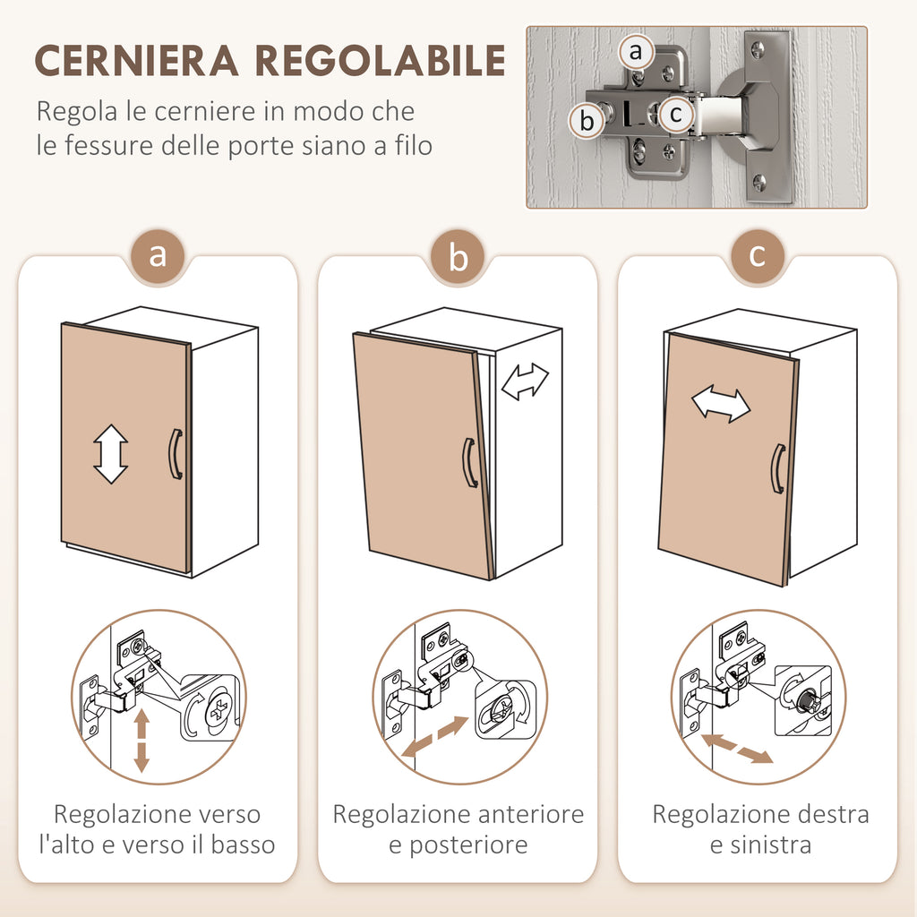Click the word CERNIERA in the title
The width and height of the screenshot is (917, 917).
(x=136, y=60)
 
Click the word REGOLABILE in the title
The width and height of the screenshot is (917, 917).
(x=380, y=60)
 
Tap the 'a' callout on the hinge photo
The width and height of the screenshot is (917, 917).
(x=636, y=52)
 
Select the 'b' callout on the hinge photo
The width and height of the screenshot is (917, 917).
(x=587, y=121)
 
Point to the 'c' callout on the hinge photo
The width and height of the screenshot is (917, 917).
(x=676, y=114)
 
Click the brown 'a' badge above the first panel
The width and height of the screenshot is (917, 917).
(x=158, y=255)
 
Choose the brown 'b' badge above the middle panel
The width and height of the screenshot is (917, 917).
(x=458, y=257)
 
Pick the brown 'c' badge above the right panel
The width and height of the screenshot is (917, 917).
(x=758, y=255)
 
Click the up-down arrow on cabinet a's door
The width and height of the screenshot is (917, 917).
(x=110, y=454)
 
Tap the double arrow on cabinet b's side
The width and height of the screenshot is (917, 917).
(x=525, y=381)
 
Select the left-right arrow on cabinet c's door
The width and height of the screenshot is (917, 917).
(x=721, y=404)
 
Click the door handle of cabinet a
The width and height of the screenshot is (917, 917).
(x=176, y=454)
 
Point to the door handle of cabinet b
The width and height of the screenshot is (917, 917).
(x=469, y=463)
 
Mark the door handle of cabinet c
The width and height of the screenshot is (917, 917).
(x=778, y=468)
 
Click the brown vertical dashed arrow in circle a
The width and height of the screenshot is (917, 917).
(x=141, y=741)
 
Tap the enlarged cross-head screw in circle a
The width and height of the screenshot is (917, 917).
(x=219, y=709)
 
